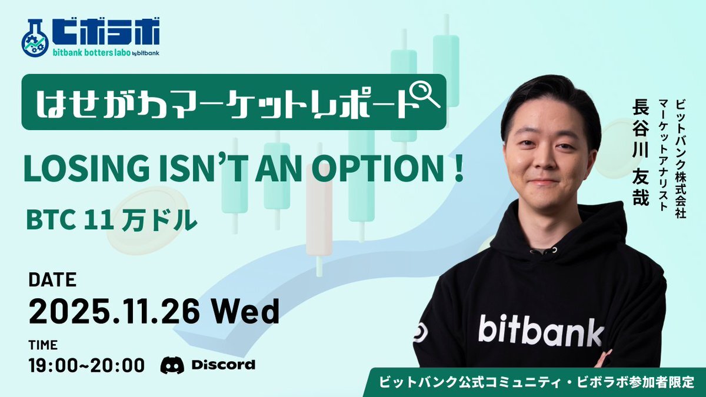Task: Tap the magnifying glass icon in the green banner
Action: click(x=426, y=94)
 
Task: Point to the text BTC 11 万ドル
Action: click(x=112, y=220)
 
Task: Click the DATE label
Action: click(x=52, y=279)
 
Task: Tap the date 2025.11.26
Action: click(x=114, y=311)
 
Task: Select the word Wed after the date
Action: click(x=245, y=311)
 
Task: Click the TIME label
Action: click(x=43, y=345)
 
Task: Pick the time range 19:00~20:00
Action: click(x=86, y=365)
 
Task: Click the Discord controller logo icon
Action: click(x=172, y=365)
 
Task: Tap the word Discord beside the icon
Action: click(x=224, y=365)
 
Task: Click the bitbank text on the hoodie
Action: click(x=541, y=330)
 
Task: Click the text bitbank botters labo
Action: click(x=91, y=52)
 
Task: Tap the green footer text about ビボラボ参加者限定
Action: click(x=537, y=382)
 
